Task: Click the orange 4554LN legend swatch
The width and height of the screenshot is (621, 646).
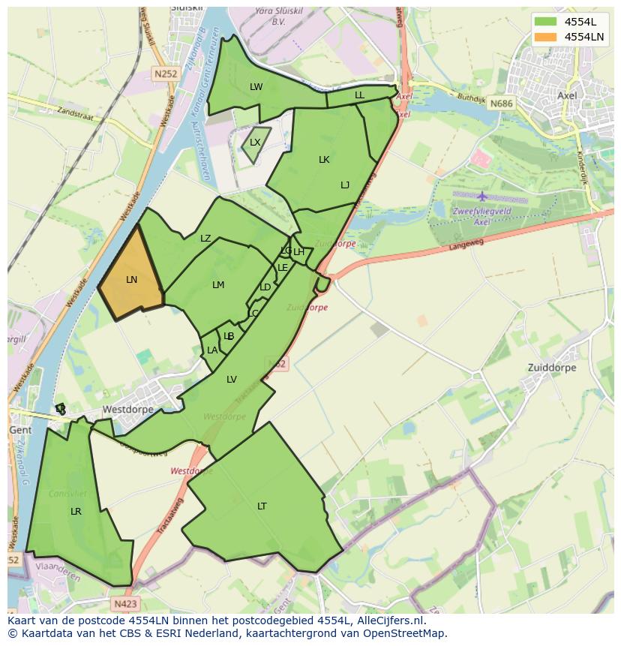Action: (546, 37)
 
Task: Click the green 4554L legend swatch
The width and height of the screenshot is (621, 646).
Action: (546, 22)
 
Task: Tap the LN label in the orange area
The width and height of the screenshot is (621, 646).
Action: (131, 280)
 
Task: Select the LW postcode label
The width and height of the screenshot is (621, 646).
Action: (256, 87)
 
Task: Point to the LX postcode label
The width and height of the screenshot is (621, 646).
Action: (255, 143)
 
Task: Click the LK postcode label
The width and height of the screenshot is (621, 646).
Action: (324, 160)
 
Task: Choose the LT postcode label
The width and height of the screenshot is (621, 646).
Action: (262, 506)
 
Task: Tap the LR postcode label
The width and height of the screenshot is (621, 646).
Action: (76, 512)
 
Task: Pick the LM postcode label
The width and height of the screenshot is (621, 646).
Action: (218, 285)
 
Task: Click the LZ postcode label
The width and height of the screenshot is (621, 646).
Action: (205, 239)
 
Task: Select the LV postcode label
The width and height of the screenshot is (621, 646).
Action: (232, 380)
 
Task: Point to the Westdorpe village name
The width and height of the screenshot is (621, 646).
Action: (127, 410)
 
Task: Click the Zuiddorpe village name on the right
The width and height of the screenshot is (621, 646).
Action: (553, 368)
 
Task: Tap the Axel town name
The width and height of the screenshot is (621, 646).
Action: (568, 96)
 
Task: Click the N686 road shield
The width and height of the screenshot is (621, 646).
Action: (502, 103)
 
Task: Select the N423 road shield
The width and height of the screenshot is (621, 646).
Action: (126, 603)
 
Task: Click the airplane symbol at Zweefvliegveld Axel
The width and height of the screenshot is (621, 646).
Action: (481, 197)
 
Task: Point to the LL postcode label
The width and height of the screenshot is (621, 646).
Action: (359, 95)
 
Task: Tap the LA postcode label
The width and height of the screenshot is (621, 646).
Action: (212, 350)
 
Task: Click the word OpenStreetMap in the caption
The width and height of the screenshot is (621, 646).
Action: (403, 633)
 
